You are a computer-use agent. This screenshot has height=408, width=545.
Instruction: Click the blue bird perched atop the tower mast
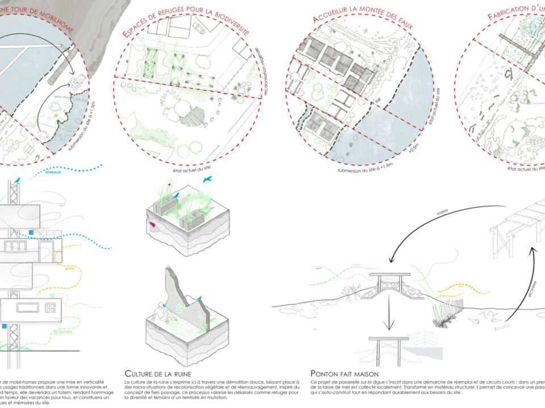18,180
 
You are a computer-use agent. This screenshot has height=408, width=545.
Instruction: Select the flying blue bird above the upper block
210,178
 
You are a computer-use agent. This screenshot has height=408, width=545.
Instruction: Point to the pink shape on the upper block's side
153,225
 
